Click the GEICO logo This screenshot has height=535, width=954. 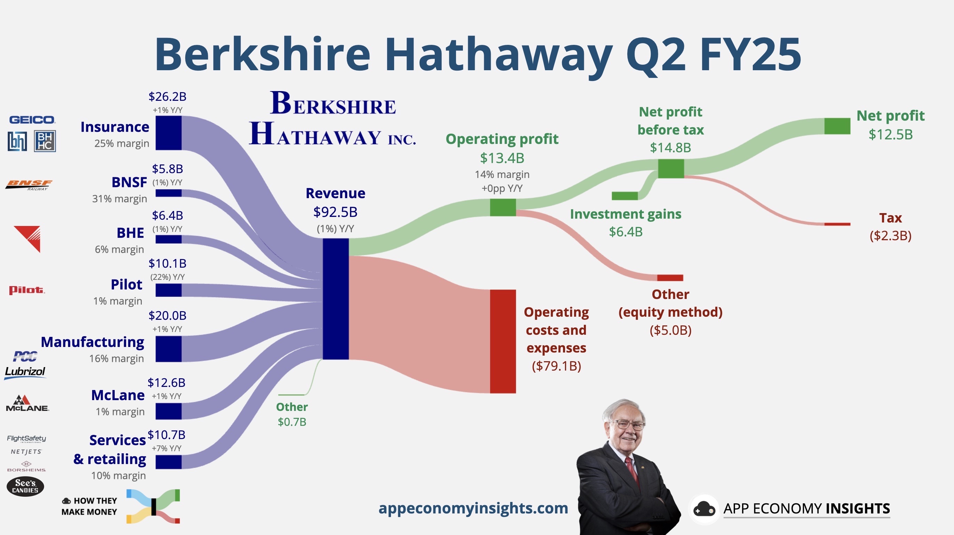[x=32, y=120]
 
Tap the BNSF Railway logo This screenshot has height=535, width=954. [x=28, y=185]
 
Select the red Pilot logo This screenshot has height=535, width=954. [x=27, y=290]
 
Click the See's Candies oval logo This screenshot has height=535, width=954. [x=25, y=486]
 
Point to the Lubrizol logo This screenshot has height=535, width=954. [x=25, y=372]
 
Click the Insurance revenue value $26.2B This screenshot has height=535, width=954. [x=168, y=97]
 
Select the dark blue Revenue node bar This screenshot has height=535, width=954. [x=335, y=299]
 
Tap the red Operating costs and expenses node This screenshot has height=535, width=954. [x=503, y=341]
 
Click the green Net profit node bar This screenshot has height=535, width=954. [x=837, y=126]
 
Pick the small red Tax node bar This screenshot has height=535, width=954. [x=837, y=224]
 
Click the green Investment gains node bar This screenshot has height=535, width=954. [x=625, y=196]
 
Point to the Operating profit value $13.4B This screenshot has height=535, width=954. [x=502, y=158]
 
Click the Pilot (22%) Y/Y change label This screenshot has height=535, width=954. [x=168, y=277]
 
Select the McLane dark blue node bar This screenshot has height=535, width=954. [x=169, y=411]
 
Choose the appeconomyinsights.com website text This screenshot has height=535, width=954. [x=473, y=508]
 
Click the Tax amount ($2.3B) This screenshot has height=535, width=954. [x=891, y=236]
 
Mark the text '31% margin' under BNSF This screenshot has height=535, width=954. [x=120, y=199]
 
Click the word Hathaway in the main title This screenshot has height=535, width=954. [x=498, y=55]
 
